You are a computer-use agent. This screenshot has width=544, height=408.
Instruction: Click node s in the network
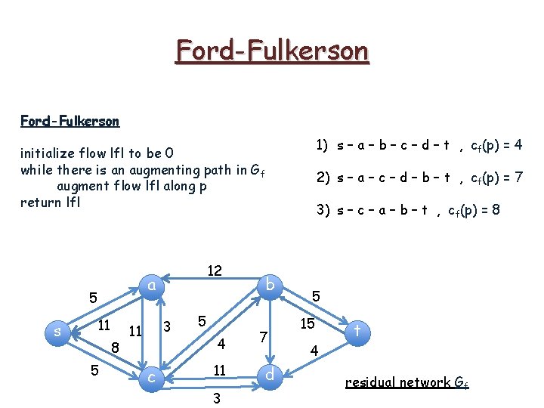pyautogui.click(x=58, y=331)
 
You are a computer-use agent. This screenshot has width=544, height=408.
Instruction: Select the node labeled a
pyautogui.click(x=152, y=285)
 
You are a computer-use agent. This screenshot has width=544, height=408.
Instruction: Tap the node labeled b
pyautogui.click(x=270, y=285)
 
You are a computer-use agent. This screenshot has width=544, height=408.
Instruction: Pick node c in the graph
pyautogui.click(x=152, y=376)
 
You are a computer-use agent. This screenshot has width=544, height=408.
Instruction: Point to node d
pyautogui.click(x=270, y=375)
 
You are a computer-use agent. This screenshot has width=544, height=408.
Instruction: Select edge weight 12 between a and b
pyautogui.click(x=214, y=270)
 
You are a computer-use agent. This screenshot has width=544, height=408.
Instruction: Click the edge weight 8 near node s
pyautogui.click(x=115, y=348)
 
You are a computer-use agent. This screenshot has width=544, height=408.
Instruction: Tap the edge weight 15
pyautogui.click(x=308, y=323)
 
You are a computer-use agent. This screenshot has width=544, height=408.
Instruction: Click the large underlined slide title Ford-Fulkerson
pyautogui.click(x=272, y=51)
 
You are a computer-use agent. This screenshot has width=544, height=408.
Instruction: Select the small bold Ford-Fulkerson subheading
pyautogui.click(x=70, y=121)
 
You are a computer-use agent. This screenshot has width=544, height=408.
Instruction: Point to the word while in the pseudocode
pyautogui.click(x=37, y=169)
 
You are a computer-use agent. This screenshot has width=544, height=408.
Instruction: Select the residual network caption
pyautogui.click(x=406, y=382)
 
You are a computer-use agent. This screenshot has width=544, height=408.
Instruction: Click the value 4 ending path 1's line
pyautogui.click(x=518, y=144)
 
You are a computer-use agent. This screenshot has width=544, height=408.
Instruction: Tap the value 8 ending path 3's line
pyautogui.click(x=495, y=210)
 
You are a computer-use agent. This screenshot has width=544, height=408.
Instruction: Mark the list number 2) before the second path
pyautogui.click(x=323, y=178)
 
